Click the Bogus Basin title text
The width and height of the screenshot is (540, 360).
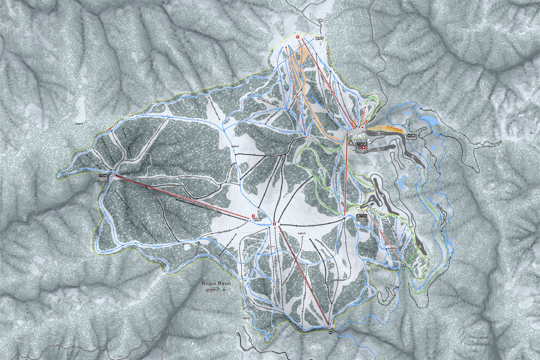tap(218, 284)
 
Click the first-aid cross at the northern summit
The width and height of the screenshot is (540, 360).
tap(297, 37)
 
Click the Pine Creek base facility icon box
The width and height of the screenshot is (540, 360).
tap(103, 176)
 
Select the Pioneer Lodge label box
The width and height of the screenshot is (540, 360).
tap(362, 217)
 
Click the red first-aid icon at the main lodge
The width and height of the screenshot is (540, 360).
tap(363, 147)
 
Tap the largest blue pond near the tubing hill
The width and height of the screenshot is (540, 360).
tap(428, 121)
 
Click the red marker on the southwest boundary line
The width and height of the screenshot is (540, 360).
tap(243, 310)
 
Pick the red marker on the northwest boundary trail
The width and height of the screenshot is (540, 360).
tap(111, 129)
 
